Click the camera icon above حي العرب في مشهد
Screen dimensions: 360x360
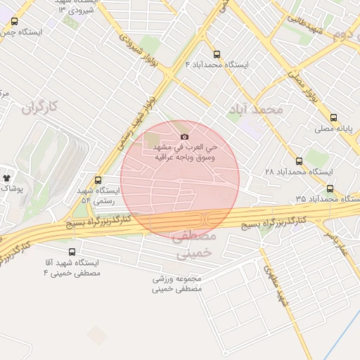click(184, 137)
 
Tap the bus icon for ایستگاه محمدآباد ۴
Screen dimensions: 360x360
click(215, 54)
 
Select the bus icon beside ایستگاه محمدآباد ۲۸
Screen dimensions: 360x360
click(300, 161)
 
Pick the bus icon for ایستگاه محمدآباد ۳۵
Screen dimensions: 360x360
click(330, 188)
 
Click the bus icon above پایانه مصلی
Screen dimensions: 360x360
click(333, 118)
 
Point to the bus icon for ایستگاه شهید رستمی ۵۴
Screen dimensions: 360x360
click(98, 180)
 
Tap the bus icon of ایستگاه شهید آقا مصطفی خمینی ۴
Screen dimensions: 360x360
click(72, 252)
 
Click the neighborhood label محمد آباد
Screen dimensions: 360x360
click(255, 110)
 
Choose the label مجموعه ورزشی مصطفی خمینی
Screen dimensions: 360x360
click(177, 283)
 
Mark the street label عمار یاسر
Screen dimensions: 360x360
click(335, 240)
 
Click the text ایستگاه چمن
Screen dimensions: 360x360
click(21, 32)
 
